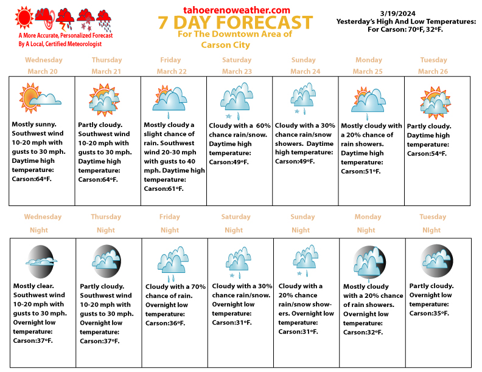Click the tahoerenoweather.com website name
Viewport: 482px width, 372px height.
coord(236,10)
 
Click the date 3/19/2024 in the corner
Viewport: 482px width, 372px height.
coord(397,12)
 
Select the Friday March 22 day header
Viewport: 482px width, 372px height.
coord(170,66)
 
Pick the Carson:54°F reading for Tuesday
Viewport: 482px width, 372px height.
coord(427,154)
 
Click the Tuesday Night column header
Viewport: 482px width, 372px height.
coord(433,223)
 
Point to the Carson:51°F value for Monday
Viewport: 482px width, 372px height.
coord(361,171)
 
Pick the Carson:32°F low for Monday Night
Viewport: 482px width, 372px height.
coord(364,332)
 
